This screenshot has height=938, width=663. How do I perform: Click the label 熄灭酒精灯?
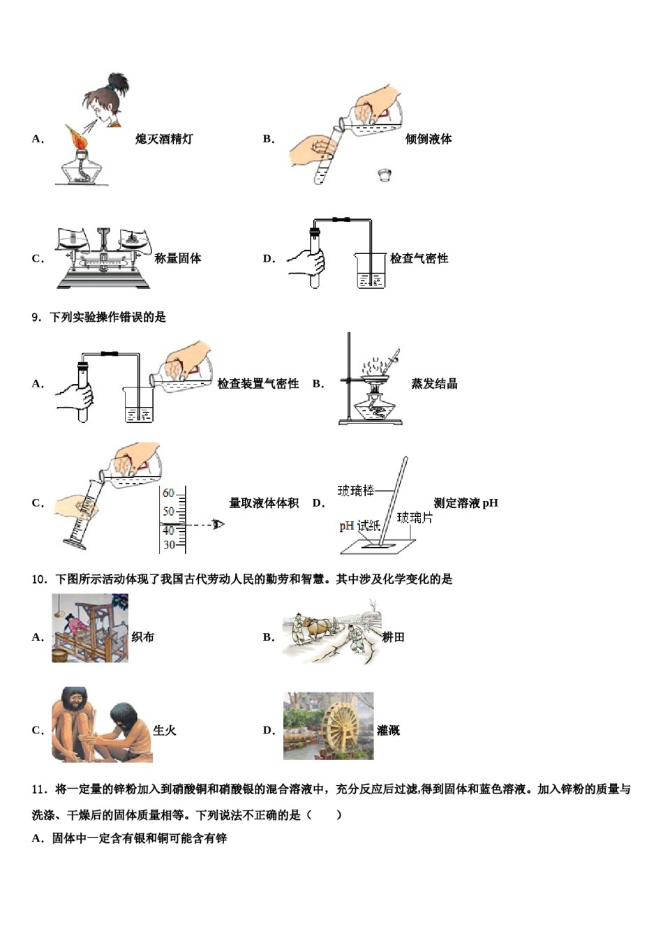click(164, 139)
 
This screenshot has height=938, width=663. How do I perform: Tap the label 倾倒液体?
click(429, 139)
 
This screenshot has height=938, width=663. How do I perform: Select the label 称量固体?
click(178, 258)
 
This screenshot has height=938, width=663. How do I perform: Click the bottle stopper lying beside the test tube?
click(383, 174)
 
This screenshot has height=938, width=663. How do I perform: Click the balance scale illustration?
click(103, 258)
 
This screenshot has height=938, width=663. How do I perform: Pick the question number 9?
click(36, 318)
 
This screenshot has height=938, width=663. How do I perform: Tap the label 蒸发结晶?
click(434, 383)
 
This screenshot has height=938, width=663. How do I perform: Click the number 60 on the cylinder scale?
click(169, 493)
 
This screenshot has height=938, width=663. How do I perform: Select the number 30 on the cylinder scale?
click(169, 545)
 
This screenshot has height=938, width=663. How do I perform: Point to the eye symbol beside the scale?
click(218, 523)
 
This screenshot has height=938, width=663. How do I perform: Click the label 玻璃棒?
click(356, 491)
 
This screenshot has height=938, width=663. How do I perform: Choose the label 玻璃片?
click(415, 517)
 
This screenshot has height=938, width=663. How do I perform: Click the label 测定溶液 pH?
click(465, 503)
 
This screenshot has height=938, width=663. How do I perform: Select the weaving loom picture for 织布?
click(90, 628)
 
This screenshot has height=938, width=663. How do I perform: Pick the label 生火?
click(165, 730)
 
